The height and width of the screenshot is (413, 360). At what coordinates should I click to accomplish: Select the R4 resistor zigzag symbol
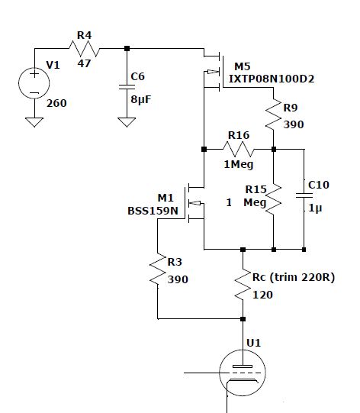pyautogui.click(x=84, y=48)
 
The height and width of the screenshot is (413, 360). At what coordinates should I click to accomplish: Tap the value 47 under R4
pyautogui.click(x=84, y=63)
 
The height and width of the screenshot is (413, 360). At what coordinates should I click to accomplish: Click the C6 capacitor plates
pyautogui.click(x=127, y=87)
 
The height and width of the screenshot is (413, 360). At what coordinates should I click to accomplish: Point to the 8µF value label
pyautogui.click(x=141, y=99)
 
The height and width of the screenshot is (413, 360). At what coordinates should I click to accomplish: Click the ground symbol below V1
pyautogui.click(x=34, y=122)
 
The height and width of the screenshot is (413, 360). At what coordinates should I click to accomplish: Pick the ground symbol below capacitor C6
pyautogui.click(x=127, y=122)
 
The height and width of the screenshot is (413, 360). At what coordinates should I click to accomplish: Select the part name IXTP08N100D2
pyautogui.click(x=272, y=79)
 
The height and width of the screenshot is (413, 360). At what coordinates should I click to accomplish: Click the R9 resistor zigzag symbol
pyautogui.click(x=274, y=115)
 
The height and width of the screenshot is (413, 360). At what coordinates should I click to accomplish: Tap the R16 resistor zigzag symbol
pyautogui.click(x=239, y=150)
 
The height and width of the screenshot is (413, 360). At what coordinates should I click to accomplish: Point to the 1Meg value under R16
pyautogui.click(x=239, y=165)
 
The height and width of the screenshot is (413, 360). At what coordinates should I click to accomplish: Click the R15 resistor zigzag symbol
pyautogui.click(x=274, y=199)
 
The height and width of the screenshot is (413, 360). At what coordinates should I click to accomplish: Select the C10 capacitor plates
pyautogui.click(x=304, y=195)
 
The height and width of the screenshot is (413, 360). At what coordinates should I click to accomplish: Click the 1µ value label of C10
pyautogui.click(x=315, y=208)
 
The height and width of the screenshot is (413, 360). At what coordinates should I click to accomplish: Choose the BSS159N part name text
pyautogui.click(x=153, y=211)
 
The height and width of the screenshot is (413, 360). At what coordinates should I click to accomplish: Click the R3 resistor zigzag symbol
pyautogui.click(x=158, y=269)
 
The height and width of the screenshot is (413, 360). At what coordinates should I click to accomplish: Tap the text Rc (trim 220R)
pyautogui.click(x=294, y=277)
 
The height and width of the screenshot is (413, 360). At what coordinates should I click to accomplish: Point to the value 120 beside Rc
pyautogui.click(x=262, y=295)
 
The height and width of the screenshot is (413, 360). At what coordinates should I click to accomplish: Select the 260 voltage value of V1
pyautogui.click(x=56, y=103)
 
